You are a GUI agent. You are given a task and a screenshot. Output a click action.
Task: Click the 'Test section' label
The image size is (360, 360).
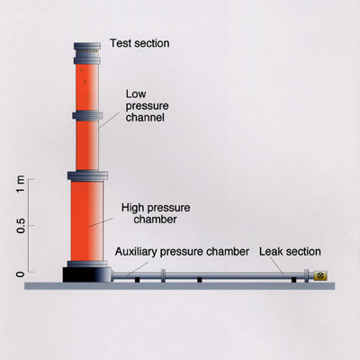click(139, 43)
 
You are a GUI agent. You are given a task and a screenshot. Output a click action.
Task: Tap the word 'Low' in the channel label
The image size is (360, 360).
click(136, 94)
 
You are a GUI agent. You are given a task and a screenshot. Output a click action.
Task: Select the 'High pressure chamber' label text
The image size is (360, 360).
click(156, 213)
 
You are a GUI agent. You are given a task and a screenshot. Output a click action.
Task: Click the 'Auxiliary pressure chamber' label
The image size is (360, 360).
click(182, 251)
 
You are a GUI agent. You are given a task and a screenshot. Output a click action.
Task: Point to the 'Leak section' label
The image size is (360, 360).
click(290, 251)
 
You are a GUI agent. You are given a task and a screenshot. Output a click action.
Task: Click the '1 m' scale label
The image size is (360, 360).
click(21, 184)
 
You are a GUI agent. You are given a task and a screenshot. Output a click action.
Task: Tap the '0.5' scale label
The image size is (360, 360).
click(21, 225)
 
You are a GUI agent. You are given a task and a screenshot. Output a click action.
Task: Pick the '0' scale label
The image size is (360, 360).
click(21, 274)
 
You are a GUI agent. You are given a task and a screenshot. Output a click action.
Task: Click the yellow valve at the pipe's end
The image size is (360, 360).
click(320, 275)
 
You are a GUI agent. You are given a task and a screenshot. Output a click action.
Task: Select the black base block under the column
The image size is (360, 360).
click(87, 274)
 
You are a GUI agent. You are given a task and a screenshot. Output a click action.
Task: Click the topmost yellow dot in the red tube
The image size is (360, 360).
click(81, 70)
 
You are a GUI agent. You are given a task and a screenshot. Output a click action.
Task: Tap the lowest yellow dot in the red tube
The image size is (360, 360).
click(88, 96)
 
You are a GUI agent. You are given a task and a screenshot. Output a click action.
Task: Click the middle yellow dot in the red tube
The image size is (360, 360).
click(85, 82)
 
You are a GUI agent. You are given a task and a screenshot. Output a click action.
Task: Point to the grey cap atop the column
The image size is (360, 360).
click(87, 46)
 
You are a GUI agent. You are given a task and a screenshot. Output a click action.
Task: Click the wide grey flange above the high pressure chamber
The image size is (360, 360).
click(87, 175)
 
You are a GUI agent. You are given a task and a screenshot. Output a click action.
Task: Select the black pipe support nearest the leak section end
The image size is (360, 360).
click(293, 280)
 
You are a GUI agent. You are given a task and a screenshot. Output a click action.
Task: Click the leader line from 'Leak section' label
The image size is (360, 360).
click(276, 265)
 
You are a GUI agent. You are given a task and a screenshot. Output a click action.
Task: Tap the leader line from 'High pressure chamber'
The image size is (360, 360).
click(101, 222)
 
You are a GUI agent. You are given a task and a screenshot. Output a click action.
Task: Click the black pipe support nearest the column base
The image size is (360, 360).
click(137, 280)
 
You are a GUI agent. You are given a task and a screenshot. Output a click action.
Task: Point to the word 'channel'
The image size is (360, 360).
click(145, 117)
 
